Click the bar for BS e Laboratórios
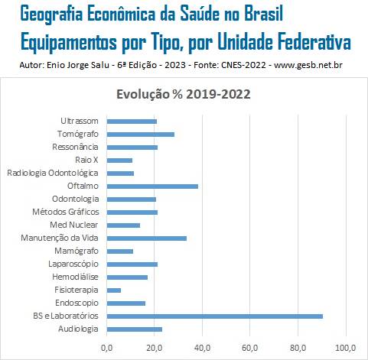tap(215, 316)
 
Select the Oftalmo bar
tap(152, 186)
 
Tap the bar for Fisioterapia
tap(114, 290)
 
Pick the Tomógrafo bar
tap(141, 135)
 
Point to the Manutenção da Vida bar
tap(147, 238)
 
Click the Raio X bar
tap(119, 161)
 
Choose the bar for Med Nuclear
tap(123, 225)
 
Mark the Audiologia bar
tap(135, 329)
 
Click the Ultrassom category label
tap(80, 121)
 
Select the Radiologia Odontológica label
tap(53, 173)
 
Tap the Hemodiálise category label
tap(75, 277)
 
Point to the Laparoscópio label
tap(73, 264)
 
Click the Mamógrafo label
tap(77, 251)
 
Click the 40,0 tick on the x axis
tap(202, 348)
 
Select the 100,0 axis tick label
tap(346, 348)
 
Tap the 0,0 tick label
tap(106, 348)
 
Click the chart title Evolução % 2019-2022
tap(184, 94)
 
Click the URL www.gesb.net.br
tap(308, 65)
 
